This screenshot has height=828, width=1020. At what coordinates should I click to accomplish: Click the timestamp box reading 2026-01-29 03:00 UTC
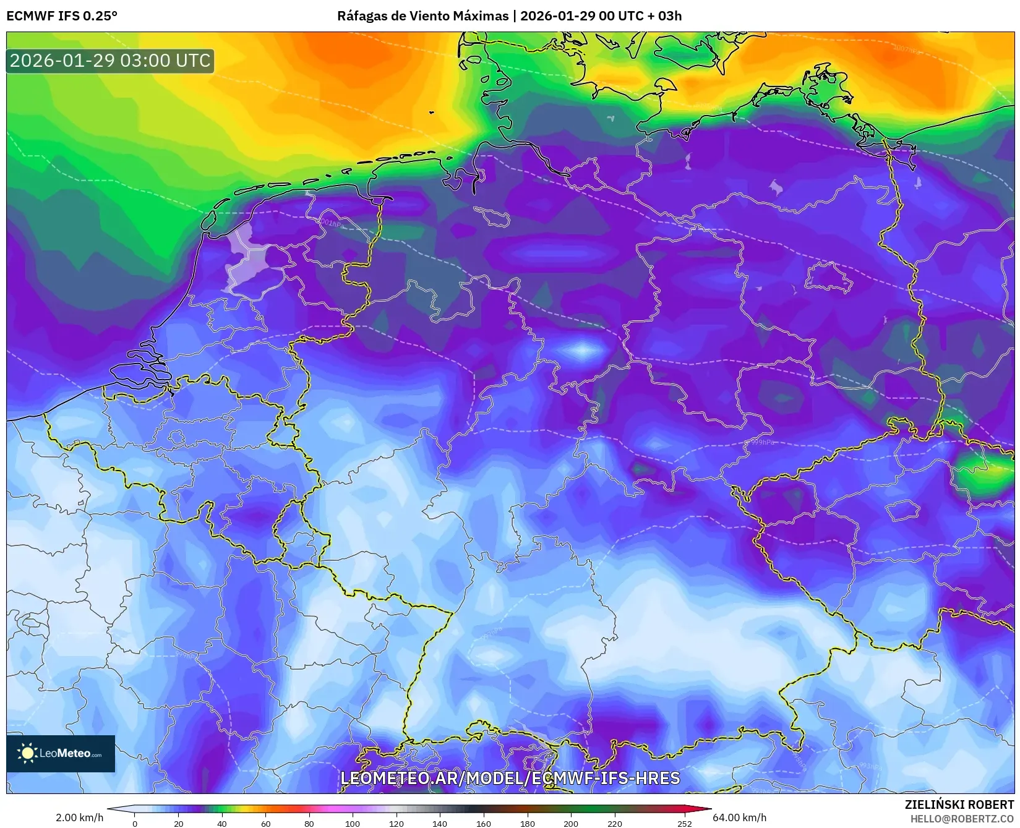pos(110,61)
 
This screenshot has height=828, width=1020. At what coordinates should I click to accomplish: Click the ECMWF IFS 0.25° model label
pos(62,16)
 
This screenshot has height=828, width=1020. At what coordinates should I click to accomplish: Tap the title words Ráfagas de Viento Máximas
pos(422,16)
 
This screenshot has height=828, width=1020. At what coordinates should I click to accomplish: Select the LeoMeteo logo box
pos(61,753)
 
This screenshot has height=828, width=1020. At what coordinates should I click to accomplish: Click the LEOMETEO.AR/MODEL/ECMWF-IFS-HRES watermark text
pos(510,778)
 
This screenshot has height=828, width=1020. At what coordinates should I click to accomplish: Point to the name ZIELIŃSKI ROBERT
pos(959,805)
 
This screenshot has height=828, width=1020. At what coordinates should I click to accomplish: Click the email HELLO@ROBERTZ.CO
pos(962,819)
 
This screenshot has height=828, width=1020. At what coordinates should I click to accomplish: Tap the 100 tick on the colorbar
pos(353,823)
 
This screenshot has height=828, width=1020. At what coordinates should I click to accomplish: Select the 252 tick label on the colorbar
pos(684,823)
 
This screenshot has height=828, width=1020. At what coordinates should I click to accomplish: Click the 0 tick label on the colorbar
pos(135,823)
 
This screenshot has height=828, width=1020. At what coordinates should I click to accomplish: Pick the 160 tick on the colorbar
pos(484,823)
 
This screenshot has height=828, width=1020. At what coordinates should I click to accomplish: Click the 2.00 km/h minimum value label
pos(80,817)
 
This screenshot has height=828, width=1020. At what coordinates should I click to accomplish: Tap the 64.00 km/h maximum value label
pos(739,817)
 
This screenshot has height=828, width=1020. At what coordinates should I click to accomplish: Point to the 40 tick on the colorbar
pos(222,823)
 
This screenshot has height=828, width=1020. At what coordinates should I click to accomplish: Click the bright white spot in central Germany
pos(583,350)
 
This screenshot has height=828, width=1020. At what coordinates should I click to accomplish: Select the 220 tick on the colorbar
pos(614,823)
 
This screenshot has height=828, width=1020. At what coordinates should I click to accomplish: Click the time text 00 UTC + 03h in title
pos(640,16)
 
